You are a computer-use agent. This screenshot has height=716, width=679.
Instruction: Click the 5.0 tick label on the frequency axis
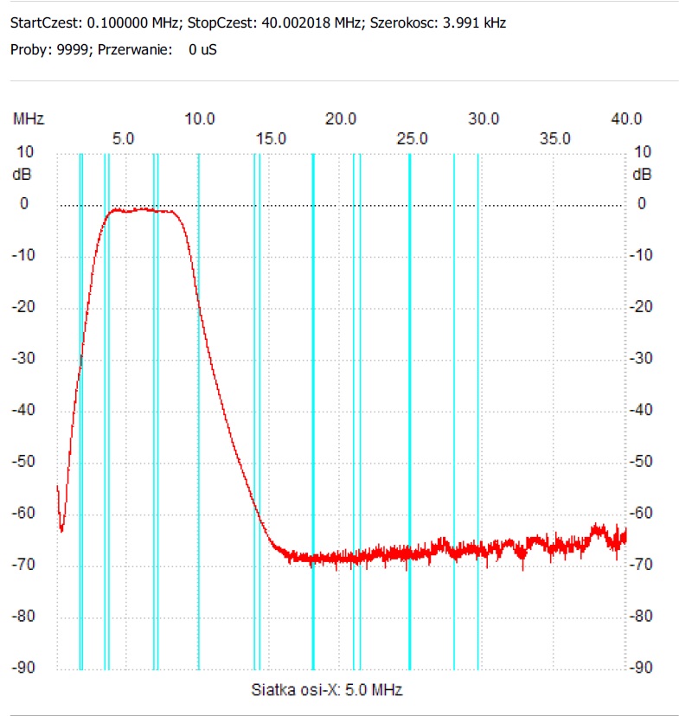point(123,138)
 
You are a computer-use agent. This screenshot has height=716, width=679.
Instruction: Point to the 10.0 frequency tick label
point(200,118)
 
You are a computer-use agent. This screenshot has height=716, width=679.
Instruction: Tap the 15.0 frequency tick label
point(271,138)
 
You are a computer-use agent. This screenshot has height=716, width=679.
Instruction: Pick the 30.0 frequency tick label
point(484,118)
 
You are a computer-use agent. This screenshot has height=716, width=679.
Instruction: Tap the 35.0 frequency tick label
point(554,138)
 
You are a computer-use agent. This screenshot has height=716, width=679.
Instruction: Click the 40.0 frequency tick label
point(625,118)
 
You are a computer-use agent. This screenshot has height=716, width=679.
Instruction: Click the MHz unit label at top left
point(28,118)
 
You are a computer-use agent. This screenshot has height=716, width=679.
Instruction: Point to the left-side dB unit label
point(20,174)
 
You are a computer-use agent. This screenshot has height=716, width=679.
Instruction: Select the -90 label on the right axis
point(641,668)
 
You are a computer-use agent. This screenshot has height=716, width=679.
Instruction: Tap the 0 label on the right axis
point(642,204)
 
